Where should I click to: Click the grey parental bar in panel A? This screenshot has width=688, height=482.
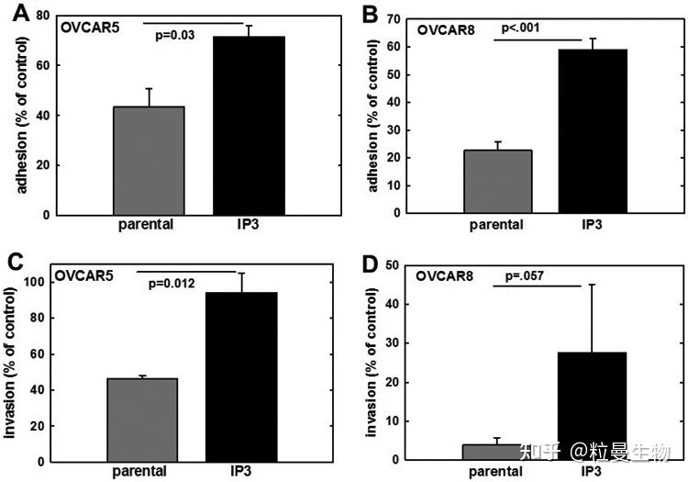(x=150, y=161)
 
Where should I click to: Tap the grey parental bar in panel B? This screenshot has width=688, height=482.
(x=497, y=181)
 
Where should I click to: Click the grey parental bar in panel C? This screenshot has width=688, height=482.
(x=143, y=419)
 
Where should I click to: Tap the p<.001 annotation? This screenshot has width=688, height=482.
(x=520, y=28)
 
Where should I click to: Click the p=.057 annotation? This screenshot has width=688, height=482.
(x=524, y=275)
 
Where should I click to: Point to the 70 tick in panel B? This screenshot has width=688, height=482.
(x=395, y=18)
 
